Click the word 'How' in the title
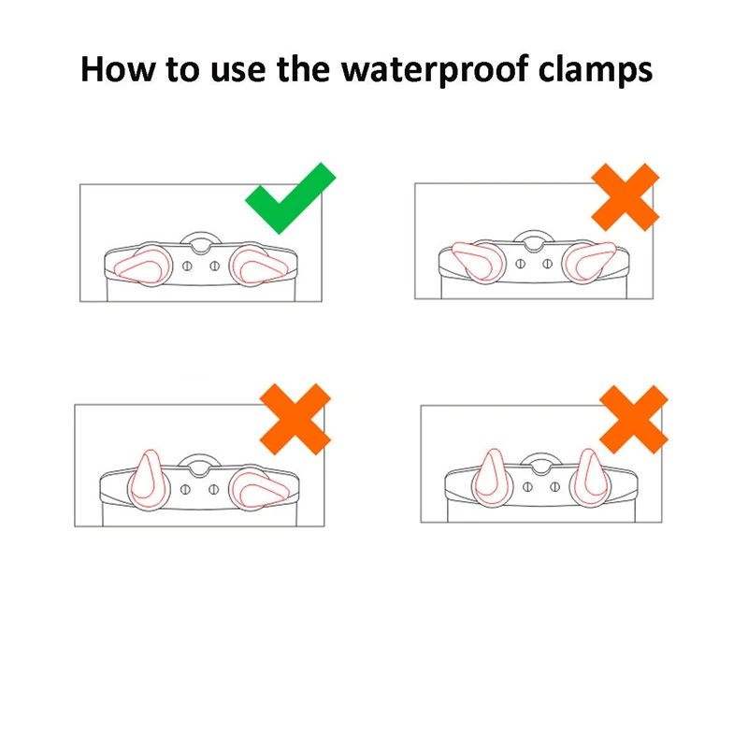[118, 69]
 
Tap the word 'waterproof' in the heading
[435, 71]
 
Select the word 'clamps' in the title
[596, 71]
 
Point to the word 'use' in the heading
[237, 73]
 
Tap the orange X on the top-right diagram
[625, 197]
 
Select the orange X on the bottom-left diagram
[295, 419]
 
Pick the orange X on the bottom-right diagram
[634, 419]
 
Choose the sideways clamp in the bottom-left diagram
[259, 489]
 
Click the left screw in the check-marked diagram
[188, 266]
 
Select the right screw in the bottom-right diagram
[554, 487]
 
